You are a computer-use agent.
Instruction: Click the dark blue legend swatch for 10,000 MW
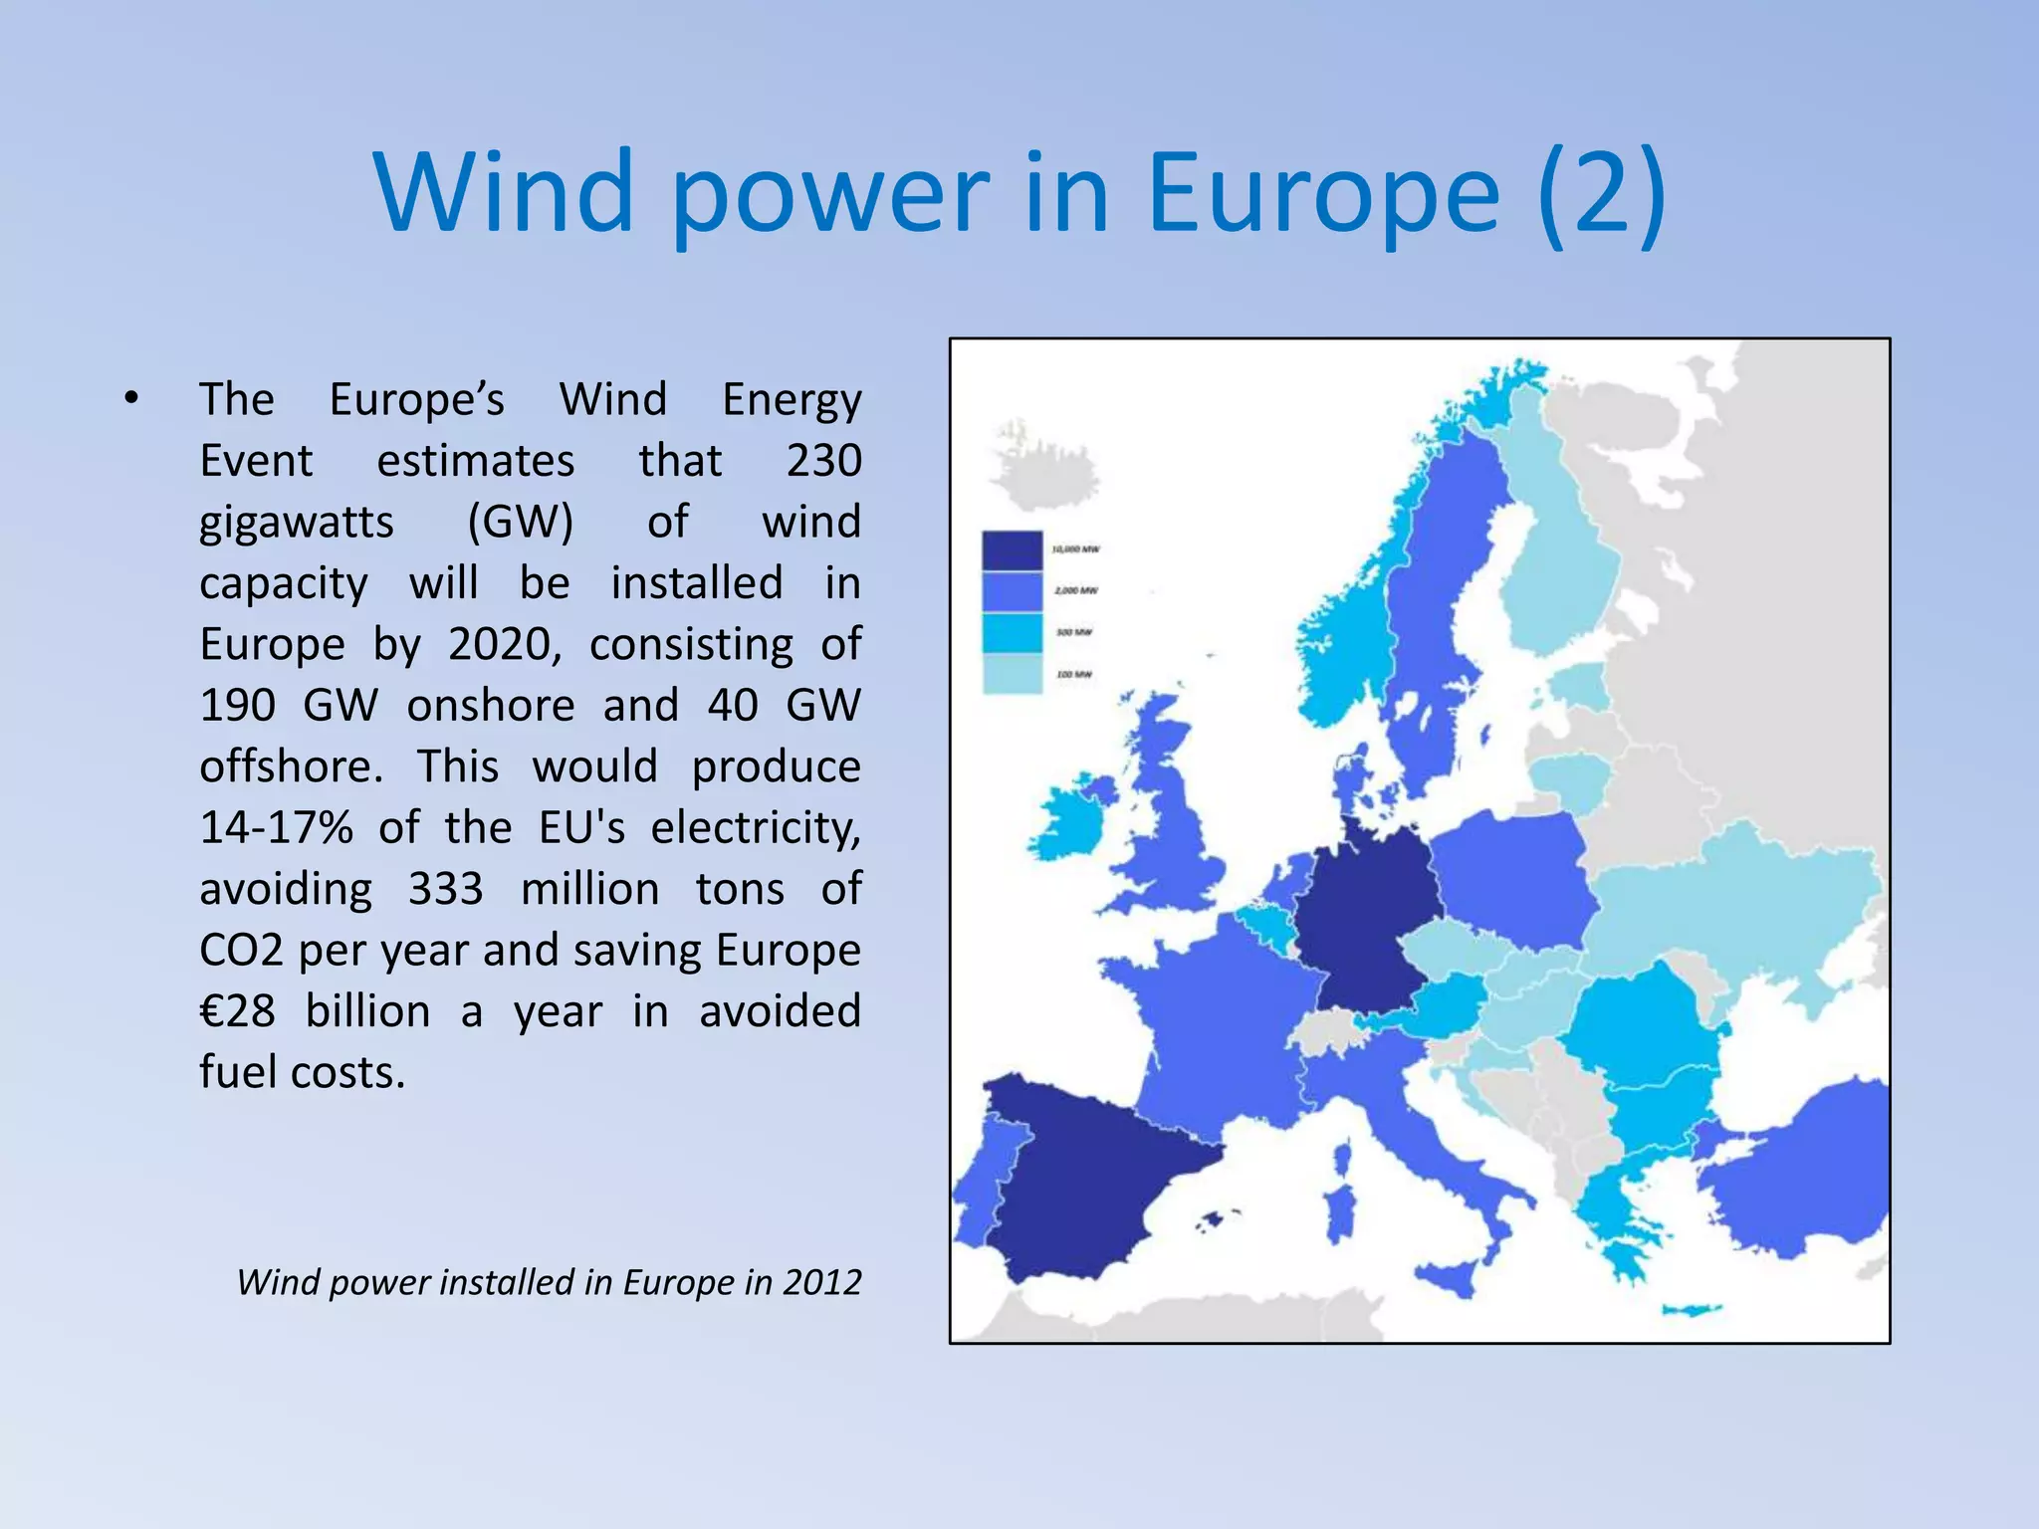click(1012, 550)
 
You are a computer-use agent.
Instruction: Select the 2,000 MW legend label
click(1075, 591)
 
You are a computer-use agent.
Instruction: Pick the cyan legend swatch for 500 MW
click(1012, 633)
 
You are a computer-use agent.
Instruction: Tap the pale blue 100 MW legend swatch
click(1012, 674)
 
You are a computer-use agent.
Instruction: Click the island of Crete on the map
click(1690, 1310)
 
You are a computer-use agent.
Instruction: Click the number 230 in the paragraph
click(823, 461)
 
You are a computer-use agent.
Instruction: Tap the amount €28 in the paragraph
click(237, 1011)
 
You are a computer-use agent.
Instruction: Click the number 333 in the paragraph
click(445, 889)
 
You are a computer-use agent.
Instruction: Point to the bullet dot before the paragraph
click(130, 399)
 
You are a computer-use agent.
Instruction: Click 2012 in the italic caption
click(821, 1282)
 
